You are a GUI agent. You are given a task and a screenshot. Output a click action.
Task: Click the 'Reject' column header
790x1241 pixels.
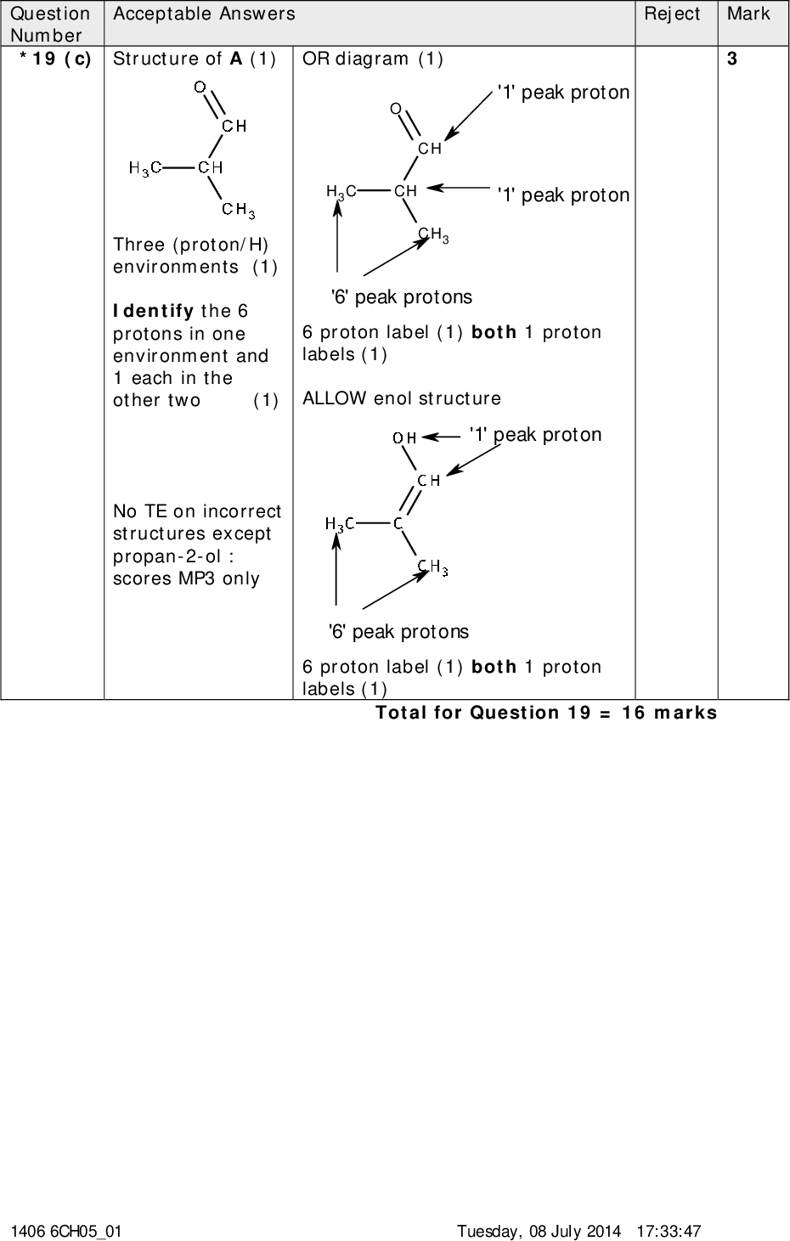(x=672, y=14)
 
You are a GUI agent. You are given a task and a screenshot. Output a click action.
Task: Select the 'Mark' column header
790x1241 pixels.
(x=748, y=14)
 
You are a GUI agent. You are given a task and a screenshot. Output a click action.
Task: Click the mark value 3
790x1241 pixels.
(x=731, y=59)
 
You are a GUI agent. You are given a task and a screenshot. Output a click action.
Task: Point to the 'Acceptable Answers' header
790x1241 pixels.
(x=205, y=14)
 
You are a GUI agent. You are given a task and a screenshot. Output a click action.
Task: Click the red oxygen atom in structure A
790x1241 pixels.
(x=200, y=86)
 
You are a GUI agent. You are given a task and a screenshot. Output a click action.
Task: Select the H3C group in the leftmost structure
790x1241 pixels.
(x=145, y=168)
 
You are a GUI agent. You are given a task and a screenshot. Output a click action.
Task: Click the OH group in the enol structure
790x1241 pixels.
(x=404, y=438)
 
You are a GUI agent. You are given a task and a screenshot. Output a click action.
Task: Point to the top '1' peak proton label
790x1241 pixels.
(x=563, y=93)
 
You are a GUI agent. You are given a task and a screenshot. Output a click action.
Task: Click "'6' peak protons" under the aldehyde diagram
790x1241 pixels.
(x=401, y=297)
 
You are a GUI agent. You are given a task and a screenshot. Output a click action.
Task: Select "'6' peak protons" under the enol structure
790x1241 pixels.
(x=398, y=632)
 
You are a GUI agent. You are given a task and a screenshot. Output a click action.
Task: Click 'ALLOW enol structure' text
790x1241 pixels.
(x=402, y=398)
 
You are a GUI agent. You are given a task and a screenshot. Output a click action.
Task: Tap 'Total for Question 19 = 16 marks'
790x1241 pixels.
(x=546, y=713)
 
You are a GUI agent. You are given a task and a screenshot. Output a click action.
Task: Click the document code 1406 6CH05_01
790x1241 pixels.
(x=66, y=1231)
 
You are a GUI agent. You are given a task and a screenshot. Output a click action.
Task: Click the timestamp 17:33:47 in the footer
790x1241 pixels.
(x=669, y=1231)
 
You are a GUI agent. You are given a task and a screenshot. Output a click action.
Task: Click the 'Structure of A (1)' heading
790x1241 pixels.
(x=195, y=59)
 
